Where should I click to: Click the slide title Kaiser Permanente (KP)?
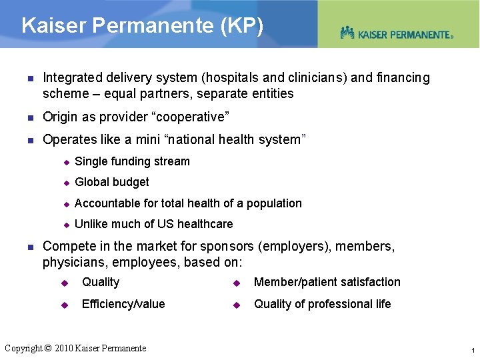click(143, 26)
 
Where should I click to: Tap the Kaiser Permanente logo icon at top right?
click(347, 33)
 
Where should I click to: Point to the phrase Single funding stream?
click(133, 161)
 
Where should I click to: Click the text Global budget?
click(112, 182)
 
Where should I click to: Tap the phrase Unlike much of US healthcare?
click(154, 224)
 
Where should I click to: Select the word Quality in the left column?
click(101, 282)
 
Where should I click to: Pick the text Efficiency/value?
click(123, 304)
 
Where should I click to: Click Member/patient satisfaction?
click(327, 282)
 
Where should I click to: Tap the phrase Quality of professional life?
click(323, 304)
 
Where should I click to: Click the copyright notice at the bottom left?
click(75, 347)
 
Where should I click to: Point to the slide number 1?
click(472, 350)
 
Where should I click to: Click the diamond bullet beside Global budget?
click(67, 183)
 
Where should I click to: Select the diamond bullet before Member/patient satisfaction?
click(236, 283)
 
